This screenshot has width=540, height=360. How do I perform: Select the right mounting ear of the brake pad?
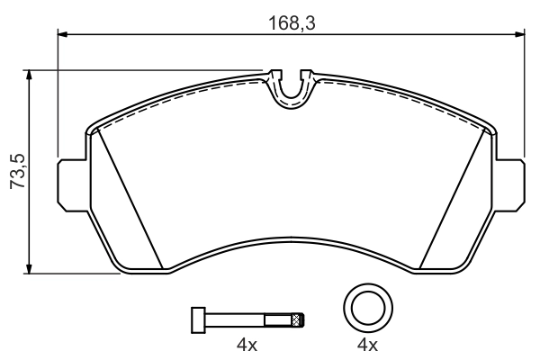pos(508,184)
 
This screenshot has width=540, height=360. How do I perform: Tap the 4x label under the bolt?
pos(247,345)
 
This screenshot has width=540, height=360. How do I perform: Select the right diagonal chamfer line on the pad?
pos(454,198)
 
